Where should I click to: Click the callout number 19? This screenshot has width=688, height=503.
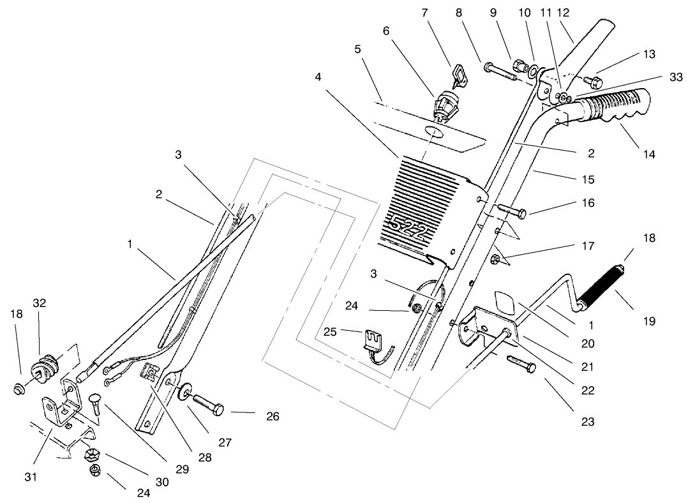649,321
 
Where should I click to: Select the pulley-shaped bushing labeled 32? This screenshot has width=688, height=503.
48,369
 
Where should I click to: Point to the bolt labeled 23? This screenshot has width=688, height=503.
521,364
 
